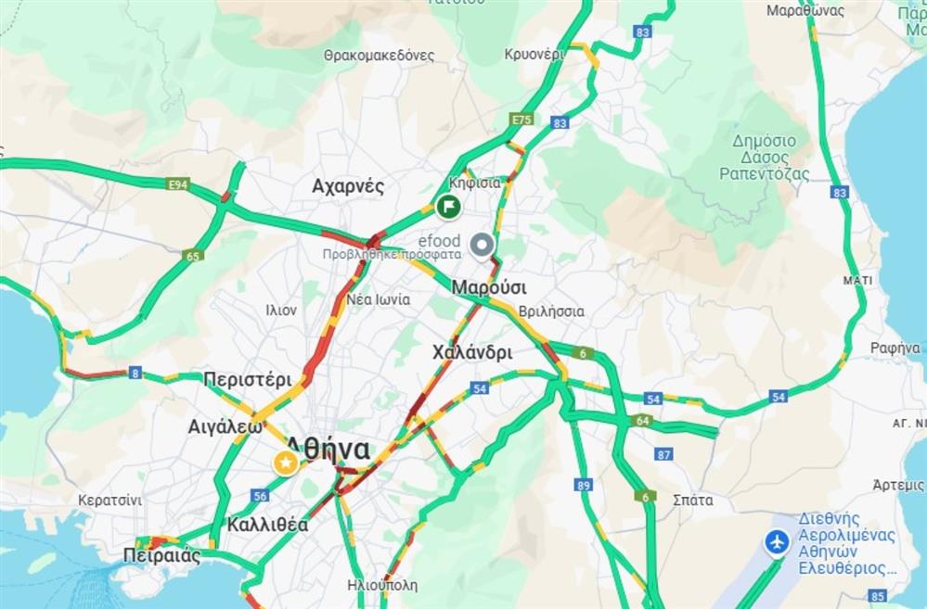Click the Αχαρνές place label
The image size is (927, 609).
348,185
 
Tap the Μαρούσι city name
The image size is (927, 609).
488,286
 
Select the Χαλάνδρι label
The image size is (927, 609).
471,352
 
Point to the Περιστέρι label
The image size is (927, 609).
248,379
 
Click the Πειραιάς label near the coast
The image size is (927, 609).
161,555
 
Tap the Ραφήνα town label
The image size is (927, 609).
895,347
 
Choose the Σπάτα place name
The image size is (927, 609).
693,500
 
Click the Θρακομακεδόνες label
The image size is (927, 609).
379,55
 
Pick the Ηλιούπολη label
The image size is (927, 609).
382,585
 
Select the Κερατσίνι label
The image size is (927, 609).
109,500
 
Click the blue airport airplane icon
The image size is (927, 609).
777,541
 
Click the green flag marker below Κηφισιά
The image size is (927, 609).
449,206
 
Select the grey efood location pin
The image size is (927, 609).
482,245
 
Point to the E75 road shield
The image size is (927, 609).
521,120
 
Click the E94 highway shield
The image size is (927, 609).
178,184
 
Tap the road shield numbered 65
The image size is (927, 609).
193,255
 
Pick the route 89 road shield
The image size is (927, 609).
583,485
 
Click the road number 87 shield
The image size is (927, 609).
663,454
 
